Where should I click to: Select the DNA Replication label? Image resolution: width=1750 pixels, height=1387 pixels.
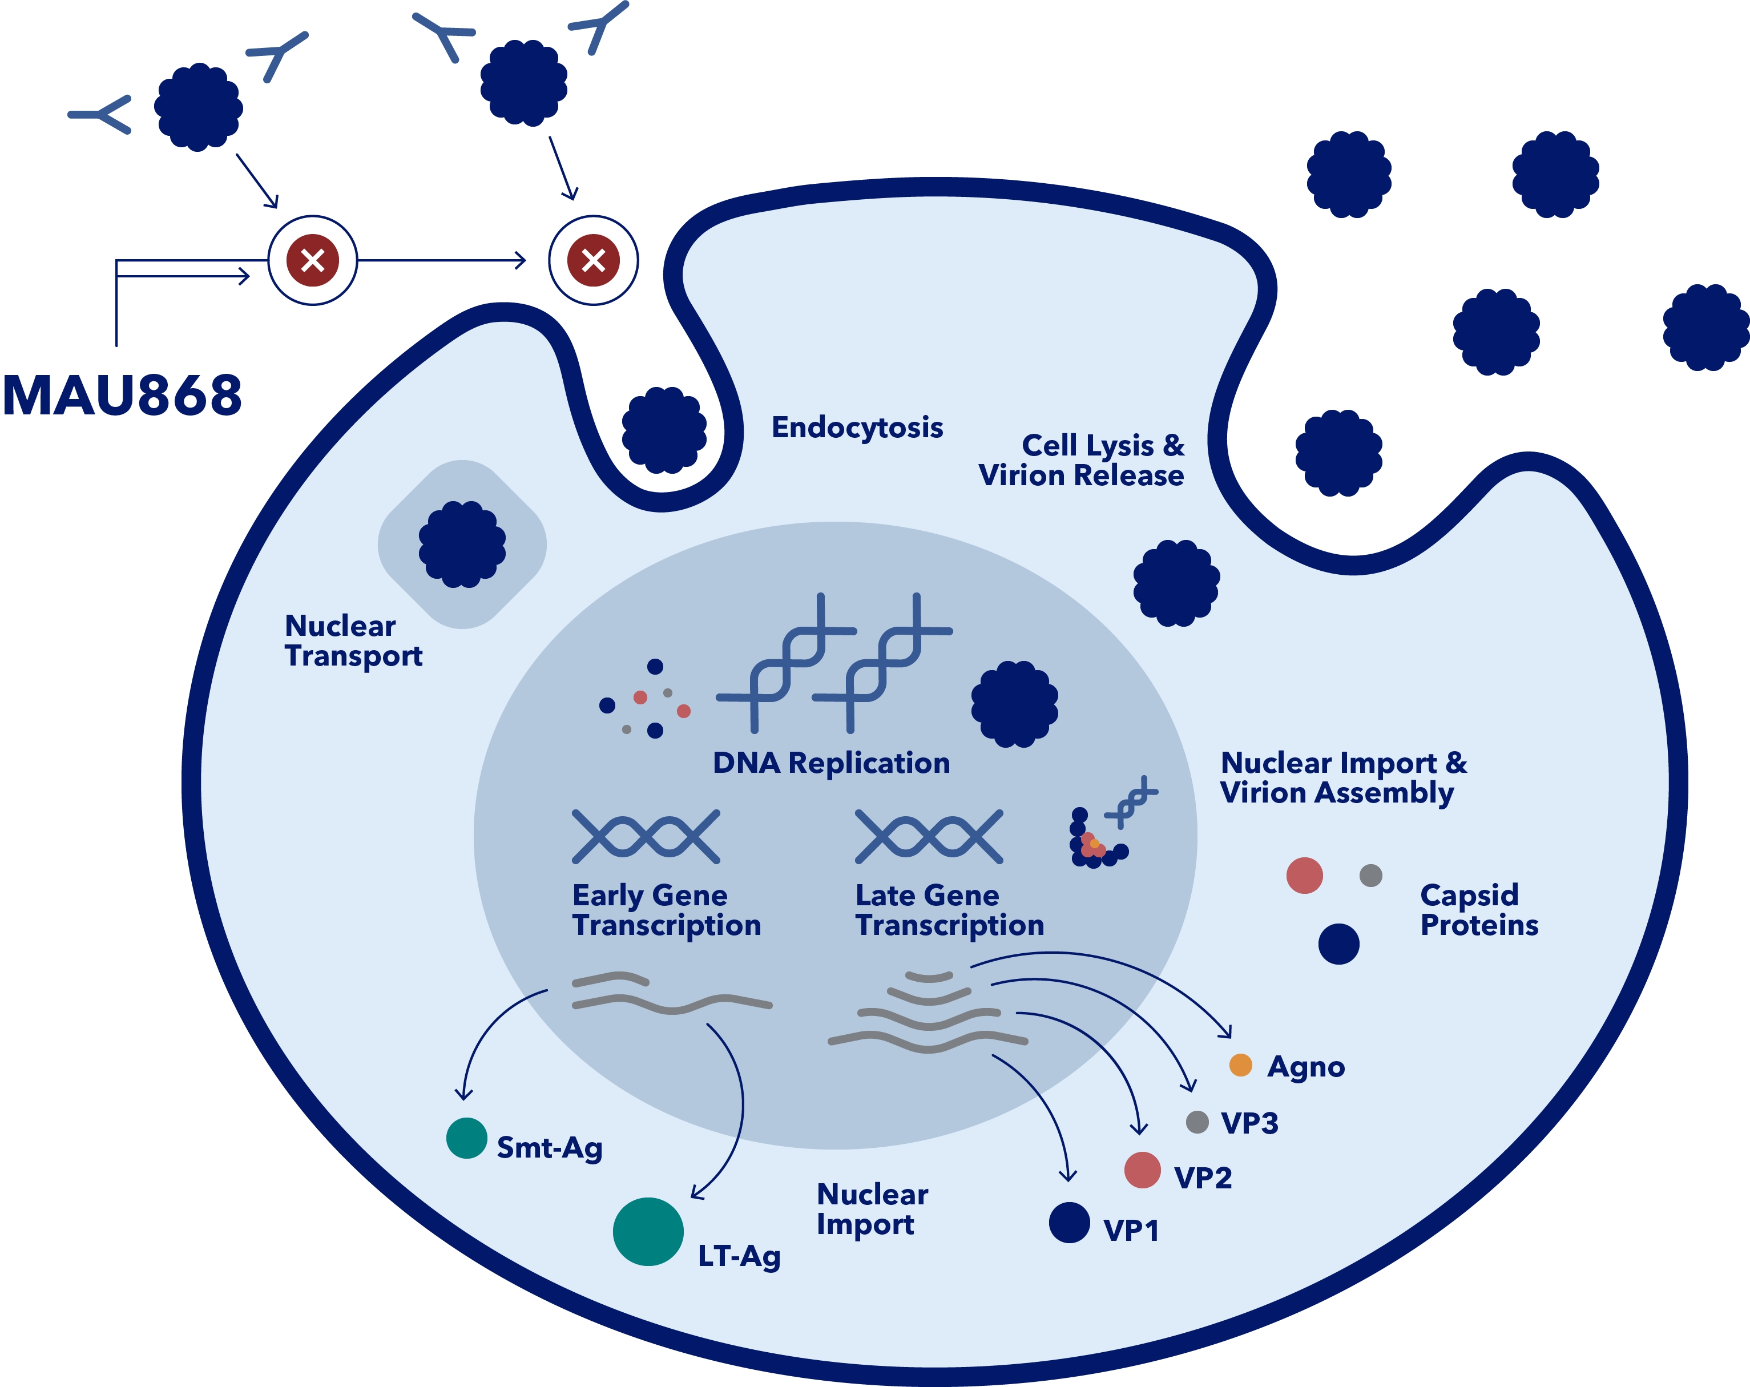tap(830, 763)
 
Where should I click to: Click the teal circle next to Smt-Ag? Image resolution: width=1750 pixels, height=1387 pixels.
tap(467, 1138)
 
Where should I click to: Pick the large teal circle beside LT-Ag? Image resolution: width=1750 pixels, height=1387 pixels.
tap(648, 1231)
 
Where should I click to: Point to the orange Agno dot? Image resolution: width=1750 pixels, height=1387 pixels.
tap(1240, 1065)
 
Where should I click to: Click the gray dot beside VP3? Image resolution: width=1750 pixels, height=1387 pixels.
tap(1197, 1122)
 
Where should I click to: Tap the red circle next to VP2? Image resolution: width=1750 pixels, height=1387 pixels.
tap(1142, 1170)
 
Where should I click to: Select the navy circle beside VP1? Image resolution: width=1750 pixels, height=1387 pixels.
tap(1069, 1222)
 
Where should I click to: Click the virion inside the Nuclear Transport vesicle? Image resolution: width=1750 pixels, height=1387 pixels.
tap(462, 544)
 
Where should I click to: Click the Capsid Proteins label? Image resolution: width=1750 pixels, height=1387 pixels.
tap(1478, 910)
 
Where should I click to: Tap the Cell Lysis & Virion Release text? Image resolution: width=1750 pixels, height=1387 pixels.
tap(1081, 460)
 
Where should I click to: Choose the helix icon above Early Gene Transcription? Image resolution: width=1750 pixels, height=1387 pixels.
tap(646, 836)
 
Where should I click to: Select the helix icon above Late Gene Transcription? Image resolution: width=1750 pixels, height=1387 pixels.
tap(929, 836)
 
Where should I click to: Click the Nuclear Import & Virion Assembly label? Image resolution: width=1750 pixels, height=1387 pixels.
tap(1344, 777)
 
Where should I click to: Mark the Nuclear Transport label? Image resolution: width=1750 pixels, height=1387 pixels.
tap(353, 640)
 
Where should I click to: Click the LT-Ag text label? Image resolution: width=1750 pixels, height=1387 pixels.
tap(739, 1256)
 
